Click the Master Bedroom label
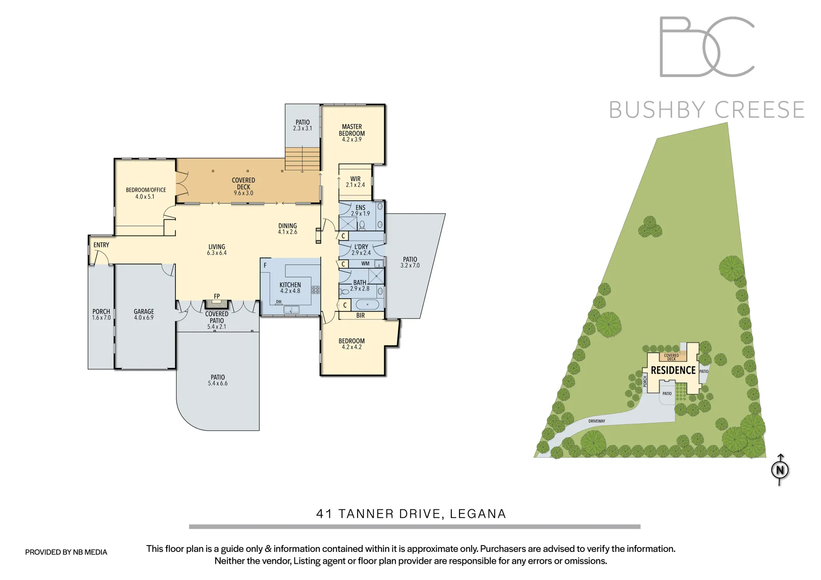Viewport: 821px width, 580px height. coord(352,133)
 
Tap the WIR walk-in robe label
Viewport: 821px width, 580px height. coord(355,182)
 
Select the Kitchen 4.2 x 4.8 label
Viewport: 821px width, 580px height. coord(290,288)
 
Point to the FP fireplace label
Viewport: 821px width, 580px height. coord(217,296)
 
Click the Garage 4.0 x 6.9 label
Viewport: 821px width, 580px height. coord(144,314)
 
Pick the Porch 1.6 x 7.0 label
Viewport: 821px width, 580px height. coord(101,314)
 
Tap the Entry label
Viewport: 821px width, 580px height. coord(101,245)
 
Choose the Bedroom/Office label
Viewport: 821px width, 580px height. coord(145,193)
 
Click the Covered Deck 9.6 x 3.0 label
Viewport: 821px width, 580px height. coord(243,186)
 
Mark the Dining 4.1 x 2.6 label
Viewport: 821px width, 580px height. coord(288,228)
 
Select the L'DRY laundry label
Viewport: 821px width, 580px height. coord(361,250)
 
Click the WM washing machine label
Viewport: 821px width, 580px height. coord(365,264)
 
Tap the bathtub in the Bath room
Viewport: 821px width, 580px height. coord(367,304)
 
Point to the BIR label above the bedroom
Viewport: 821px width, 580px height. coord(360,315)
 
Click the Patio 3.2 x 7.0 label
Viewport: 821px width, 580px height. coord(410,262)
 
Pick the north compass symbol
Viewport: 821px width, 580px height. coord(780,470)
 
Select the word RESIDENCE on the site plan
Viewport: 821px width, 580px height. coord(673,371)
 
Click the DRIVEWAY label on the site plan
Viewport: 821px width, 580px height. coord(597,421)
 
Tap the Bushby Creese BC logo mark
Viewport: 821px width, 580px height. coord(706,47)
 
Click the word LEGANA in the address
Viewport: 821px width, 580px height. coord(478,514)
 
